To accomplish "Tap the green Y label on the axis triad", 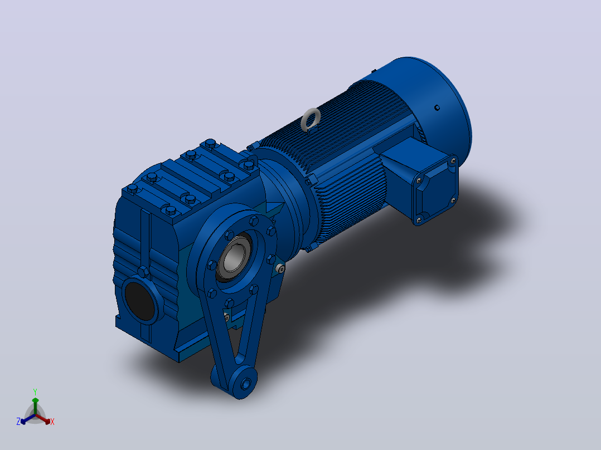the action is point(35,392).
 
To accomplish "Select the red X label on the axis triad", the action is point(52,422).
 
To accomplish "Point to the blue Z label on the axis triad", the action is point(18,421).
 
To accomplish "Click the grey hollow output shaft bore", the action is point(234,257).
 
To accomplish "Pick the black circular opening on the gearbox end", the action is point(140,301).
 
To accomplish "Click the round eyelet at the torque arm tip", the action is point(245,383).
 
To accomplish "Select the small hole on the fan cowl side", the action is point(437,107).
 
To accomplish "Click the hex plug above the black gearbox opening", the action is point(143,272).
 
